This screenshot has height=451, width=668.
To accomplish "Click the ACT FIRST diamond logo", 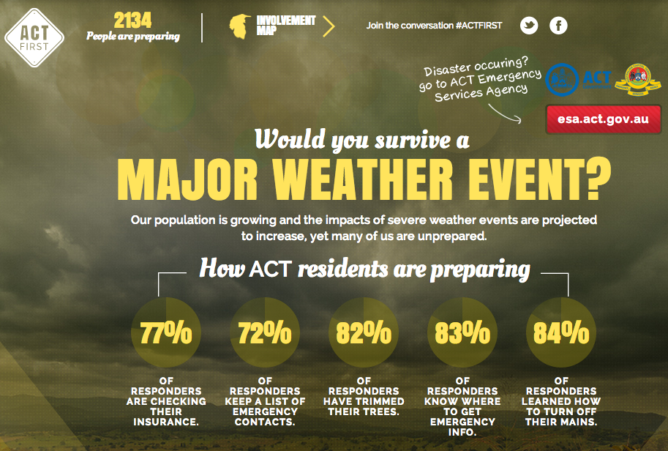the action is point(34,38).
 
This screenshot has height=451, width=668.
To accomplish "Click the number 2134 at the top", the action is point(132,20).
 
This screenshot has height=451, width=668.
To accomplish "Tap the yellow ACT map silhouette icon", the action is point(240,26).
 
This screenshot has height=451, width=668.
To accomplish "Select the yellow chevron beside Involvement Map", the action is point(329,26).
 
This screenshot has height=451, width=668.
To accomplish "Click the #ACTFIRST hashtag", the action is point(479,26).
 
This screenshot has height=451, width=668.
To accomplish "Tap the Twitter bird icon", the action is point(529,26).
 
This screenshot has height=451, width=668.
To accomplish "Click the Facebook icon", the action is point(558,26).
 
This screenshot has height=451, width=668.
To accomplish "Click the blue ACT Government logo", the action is point(578,80).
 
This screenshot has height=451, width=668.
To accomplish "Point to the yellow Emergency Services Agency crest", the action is point(638,80).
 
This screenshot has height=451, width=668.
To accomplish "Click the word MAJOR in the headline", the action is point(187,179).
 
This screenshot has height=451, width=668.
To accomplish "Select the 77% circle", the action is point(166,332).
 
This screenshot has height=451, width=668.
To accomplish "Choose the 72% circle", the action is point(265,332).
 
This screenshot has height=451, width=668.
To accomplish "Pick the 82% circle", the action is point(364,332).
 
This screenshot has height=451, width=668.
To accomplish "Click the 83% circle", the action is point(462,332).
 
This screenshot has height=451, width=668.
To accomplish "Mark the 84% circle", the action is point(561,332).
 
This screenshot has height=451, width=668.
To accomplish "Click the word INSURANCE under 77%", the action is point(166,422).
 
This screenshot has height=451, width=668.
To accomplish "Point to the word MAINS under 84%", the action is point(578,422).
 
